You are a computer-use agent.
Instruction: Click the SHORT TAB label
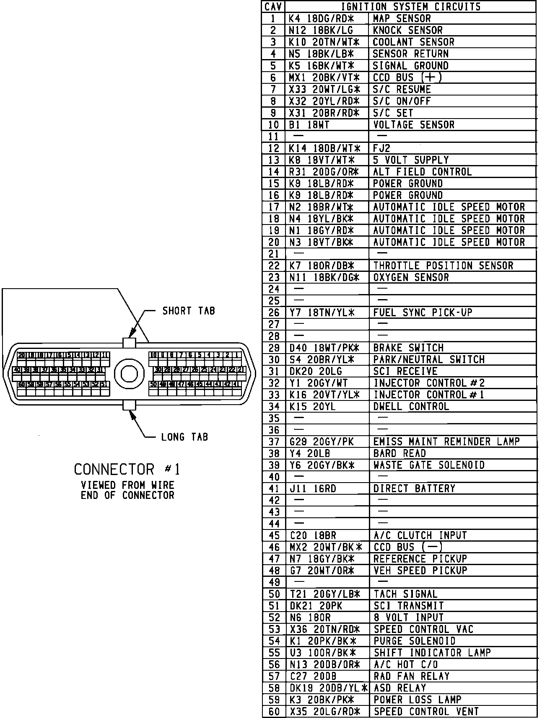[x=189, y=311]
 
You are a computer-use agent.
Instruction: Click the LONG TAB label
[x=184, y=437]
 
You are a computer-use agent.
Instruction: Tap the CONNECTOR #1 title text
[x=127, y=469]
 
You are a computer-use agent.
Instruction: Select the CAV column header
[x=273, y=7]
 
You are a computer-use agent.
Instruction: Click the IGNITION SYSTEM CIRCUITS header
[x=410, y=7]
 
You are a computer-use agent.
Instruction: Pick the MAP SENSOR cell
[x=402, y=18]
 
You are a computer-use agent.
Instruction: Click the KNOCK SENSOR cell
[x=407, y=30]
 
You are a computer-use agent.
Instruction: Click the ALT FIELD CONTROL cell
[x=422, y=172]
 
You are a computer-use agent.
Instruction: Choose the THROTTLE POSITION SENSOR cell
[x=443, y=266]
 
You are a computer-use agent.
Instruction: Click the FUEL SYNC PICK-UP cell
[x=423, y=313]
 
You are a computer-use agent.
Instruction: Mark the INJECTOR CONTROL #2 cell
[x=429, y=383]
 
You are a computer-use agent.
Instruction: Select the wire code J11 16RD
[x=313, y=488]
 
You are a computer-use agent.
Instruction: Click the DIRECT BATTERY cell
[x=414, y=488]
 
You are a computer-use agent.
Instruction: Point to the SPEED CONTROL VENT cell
[x=426, y=711]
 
